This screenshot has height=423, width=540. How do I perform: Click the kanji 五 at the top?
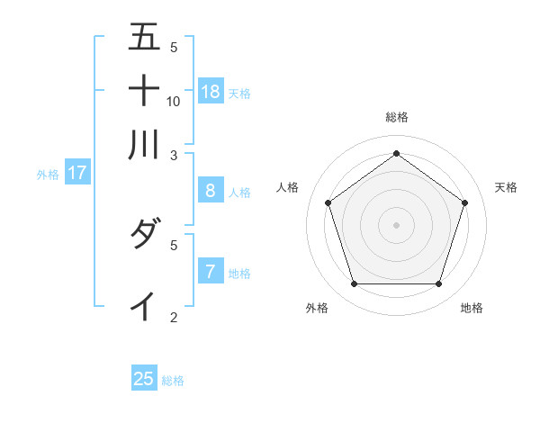tap(144, 39)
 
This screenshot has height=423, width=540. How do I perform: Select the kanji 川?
tap(144, 144)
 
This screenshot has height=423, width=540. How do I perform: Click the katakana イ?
tap(144, 306)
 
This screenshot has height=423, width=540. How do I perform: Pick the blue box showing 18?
tap(211, 91)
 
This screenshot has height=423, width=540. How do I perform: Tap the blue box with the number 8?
tap(210, 191)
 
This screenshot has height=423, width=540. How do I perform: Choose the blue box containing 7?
tap(210, 271)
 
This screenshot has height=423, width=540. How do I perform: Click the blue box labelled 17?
tap(76, 173)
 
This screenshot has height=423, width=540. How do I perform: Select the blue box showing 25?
tap(144, 379)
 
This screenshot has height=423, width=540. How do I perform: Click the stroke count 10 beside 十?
tap(174, 102)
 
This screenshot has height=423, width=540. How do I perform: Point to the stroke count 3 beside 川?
tap(174, 155)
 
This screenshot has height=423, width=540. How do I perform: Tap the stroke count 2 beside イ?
tap(174, 317)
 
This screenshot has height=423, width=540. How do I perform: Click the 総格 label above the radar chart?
tap(396, 117)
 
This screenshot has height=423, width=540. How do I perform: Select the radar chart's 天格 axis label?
tap(506, 187)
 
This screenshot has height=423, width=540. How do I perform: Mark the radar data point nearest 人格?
tap(328, 202)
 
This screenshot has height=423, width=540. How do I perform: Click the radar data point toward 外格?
tap(354, 284)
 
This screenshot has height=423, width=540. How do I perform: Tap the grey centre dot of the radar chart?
tap(396, 224)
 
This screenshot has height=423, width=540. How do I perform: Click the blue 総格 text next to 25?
tap(173, 381)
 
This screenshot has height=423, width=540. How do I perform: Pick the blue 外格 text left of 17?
tap(47, 175)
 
